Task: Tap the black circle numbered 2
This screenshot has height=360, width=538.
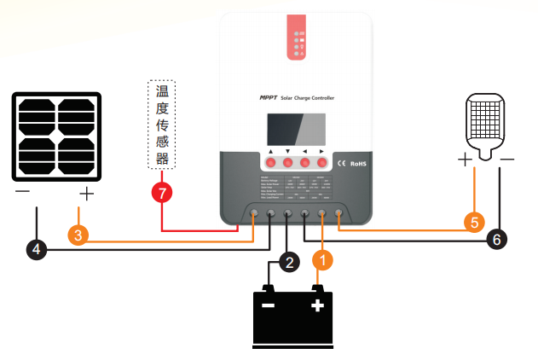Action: [x=290, y=262]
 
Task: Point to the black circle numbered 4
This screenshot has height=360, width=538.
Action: [x=36, y=249]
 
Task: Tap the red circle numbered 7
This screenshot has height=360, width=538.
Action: [x=161, y=191]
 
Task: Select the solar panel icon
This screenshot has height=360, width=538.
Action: [x=56, y=136]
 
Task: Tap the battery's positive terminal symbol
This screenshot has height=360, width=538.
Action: [x=317, y=305]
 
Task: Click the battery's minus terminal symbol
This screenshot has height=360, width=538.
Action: [x=269, y=305]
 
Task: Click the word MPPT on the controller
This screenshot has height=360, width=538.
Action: [x=269, y=99]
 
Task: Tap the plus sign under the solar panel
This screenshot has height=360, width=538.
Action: [x=86, y=194]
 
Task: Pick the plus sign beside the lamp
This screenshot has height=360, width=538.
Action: [x=465, y=160]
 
